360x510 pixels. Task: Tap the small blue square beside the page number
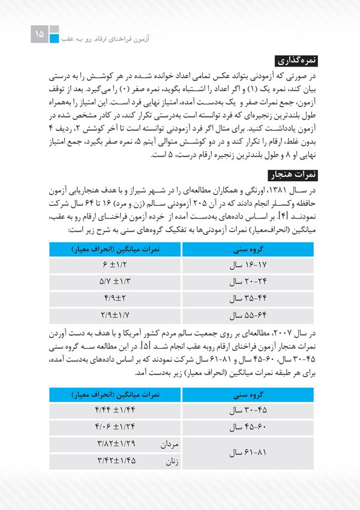pos(55,40)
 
